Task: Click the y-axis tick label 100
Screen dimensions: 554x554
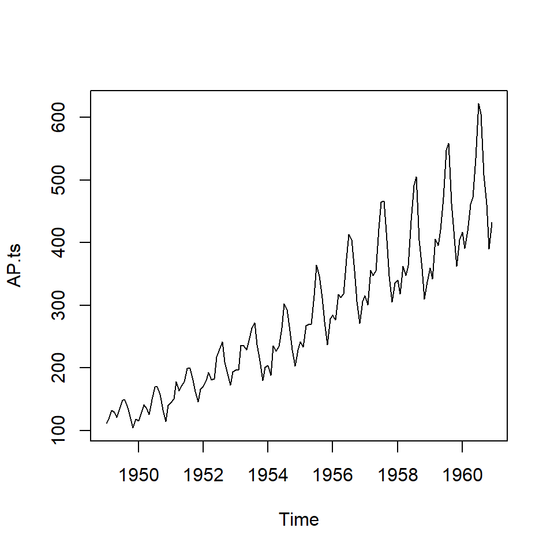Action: (x=60, y=431)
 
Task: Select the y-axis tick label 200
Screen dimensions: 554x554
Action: (x=60, y=368)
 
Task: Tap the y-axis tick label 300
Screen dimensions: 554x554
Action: (x=60, y=305)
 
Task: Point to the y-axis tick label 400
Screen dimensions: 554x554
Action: (x=60, y=242)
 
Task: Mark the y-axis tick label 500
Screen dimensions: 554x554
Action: (x=60, y=180)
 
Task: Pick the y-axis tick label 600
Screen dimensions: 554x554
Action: (x=60, y=117)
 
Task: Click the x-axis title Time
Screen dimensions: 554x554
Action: (x=299, y=519)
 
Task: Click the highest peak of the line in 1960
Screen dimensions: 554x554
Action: (x=478, y=104)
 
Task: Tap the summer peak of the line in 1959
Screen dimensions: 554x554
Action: (x=448, y=143)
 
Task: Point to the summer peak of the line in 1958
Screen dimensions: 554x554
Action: (x=416, y=177)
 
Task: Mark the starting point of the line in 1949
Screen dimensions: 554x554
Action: (x=107, y=423)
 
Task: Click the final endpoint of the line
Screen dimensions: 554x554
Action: (x=492, y=223)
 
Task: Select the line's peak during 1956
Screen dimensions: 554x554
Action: (x=349, y=234)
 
